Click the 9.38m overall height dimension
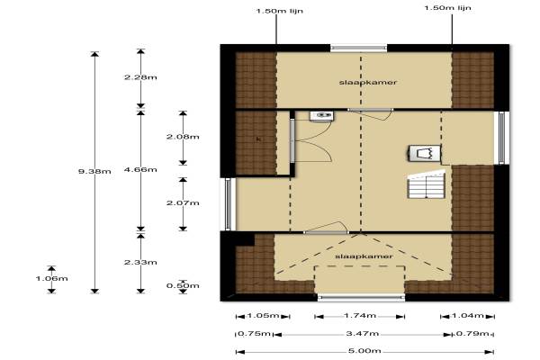[94, 171]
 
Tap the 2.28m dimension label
[140, 77]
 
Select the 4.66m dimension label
[140, 169]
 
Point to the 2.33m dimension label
[140, 262]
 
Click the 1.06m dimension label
[51, 278]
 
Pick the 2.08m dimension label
[183, 137]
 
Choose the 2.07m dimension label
[183, 202]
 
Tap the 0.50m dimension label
[183, 285]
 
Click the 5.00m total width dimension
[364, 351]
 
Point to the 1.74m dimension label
[360, 316]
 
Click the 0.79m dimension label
[472, 334]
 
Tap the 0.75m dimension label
[255, 334]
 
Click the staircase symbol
[427, 185]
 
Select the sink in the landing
[321, 116]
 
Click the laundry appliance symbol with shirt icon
[425, 153]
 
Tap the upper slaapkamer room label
[368, 82]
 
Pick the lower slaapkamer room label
[364, 256]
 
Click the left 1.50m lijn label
[279, 11]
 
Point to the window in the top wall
[358, 48]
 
